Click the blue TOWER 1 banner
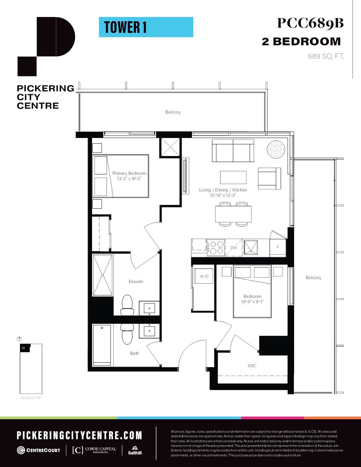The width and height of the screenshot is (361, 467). click(x=146, y=27)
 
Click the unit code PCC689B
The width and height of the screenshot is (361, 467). click(x=310, y=23)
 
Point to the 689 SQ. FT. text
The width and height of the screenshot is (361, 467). click(x=326, y=56)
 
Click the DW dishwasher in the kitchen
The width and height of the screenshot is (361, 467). click(x=234, y=248)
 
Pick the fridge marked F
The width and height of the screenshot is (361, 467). click(x=278, y=247)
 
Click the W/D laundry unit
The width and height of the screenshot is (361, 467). click(x=204, y=276)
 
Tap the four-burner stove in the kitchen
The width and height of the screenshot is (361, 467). click(x=216, y=247)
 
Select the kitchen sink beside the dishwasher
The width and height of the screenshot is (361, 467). click(x=251, y=247)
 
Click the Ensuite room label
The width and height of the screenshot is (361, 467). click(x=136, y=282)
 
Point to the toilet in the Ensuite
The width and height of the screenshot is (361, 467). click(x=127, y=305)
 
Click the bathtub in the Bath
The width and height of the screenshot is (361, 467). click(x=102, y=345)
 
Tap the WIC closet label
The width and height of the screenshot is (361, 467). click(x=252, y=366)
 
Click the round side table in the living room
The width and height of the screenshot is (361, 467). click(x=276, y=150)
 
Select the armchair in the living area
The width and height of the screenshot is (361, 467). click(x=269, y=178)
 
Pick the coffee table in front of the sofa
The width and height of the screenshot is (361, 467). click(x=233, y=177)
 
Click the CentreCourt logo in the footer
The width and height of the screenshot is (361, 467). click(x=39, y=450)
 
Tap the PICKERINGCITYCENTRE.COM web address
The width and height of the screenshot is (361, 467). click(x=79, y=436)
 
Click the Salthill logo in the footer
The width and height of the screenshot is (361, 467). click(x=135, y=450)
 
